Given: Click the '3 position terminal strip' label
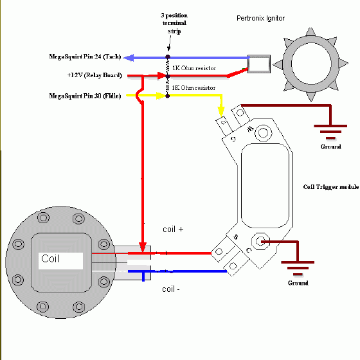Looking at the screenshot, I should click(x=168, y=23).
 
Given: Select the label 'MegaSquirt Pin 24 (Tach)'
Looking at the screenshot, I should click(x=85, y=57).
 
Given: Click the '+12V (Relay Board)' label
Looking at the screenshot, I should click(x=96, y=75).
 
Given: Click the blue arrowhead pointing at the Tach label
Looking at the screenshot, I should click(x=129, y=57).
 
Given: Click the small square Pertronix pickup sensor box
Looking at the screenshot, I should click(x=259, y=64).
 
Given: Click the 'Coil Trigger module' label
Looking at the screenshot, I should click(x=330, y=188).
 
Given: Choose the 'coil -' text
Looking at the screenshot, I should click(x=170, y=289).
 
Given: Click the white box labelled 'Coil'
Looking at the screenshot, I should click(x=60, y=260).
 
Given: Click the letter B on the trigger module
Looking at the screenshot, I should click(x=237, y=239).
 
